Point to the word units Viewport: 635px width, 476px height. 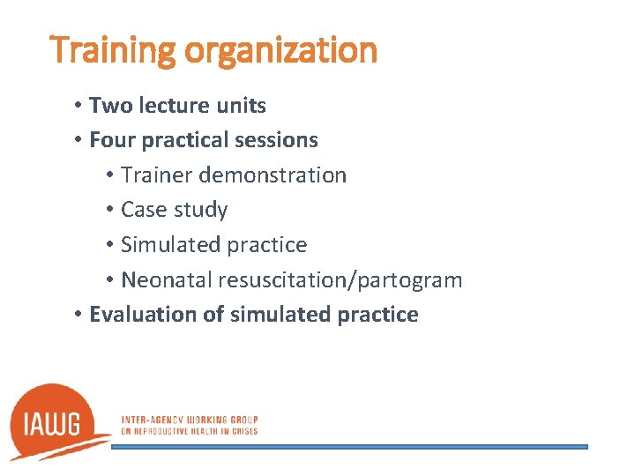pos(241,106)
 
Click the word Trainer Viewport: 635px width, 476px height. pos(157,175)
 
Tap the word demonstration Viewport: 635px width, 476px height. pos(273,175)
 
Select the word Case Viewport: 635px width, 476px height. pos(143,210)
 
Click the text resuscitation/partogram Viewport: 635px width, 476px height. pos(336,281)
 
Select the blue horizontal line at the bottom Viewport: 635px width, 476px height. pos(349,447)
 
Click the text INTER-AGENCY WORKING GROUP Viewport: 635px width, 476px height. pos(189,420)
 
